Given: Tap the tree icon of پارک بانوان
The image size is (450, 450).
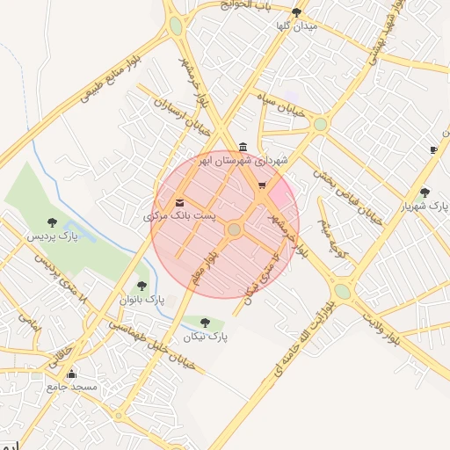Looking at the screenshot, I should coord(142,286).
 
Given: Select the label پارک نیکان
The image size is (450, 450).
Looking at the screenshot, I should coord(206,337).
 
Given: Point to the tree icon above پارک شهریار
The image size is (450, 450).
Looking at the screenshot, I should coord(425,192).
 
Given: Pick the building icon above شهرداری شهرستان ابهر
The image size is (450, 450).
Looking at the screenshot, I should coord(243,147).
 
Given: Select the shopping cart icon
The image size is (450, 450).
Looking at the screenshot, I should coord(262,185).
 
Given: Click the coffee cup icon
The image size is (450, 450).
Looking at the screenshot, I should coord(433,150).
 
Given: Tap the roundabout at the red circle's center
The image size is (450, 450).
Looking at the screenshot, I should coord(234,229).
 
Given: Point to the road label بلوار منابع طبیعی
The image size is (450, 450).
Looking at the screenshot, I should coord(114,81).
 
